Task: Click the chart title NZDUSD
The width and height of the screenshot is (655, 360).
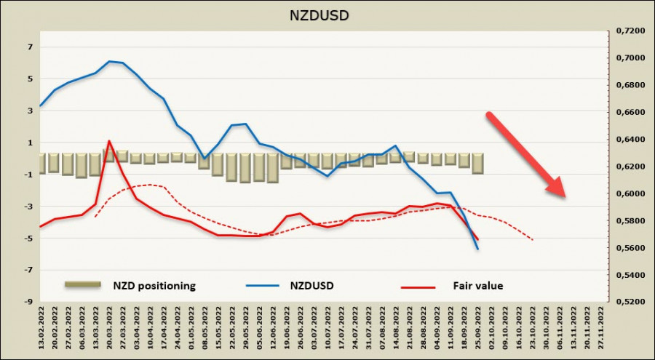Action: pyautogui.click(x=327, y=15)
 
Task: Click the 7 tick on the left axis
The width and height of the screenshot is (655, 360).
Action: pyautogui.click(x=31, y=47)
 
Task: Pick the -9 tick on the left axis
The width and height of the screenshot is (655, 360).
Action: pyautogui.click(x=29, y=302)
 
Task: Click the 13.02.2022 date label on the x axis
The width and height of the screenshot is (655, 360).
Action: pyautogui.click(x=41, y=328)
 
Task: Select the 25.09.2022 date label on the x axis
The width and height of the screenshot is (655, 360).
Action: pyautogui.click(x=478, y=328)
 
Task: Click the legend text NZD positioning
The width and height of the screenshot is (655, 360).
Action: pyautogui.click(x=154, y=286)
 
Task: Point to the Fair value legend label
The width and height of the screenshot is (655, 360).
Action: pyautogui.click(x=478, y=286)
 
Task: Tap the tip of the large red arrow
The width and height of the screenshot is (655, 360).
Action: pyautogui.click(x=565, y=196)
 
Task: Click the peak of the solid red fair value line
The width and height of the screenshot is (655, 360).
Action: pyautogui.click(x=108, y=141)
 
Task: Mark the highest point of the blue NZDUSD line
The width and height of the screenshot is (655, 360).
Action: pyautogui.click(x=108, y=61)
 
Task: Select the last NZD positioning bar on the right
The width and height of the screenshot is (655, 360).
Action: pyautogui.click(x=477, y=163)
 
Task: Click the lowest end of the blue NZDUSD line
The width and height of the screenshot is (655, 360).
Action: pyautogui.click(x=478, y=249)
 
